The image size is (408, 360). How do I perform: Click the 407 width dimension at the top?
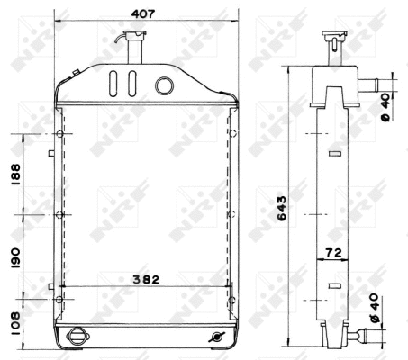point(142,14)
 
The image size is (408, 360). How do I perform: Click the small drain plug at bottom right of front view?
point(215,337)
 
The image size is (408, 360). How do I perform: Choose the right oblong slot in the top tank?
point(132,84)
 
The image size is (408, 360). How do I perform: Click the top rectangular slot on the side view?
point(334,156)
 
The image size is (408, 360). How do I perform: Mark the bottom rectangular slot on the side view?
point(334,286)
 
